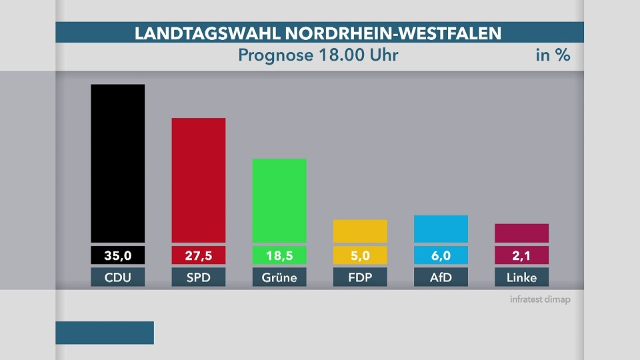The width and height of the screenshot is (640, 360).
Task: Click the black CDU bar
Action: point(118,163)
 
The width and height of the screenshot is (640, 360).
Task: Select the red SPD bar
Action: point(199,180)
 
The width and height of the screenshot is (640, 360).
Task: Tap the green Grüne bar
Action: point(279,200)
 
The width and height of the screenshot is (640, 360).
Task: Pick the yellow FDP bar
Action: point(360,231)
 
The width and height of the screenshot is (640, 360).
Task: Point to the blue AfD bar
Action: point(441,229)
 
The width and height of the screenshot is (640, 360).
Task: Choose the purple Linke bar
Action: point(521,233)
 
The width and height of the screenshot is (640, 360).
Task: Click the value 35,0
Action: point(118,255)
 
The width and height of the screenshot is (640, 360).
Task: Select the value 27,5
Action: point(199,255)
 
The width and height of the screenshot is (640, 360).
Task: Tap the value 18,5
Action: point(279,255)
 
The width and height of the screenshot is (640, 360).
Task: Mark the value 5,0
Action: point(360,255)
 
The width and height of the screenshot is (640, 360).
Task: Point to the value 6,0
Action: point(441,255)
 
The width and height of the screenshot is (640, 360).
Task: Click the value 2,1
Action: point(521,255)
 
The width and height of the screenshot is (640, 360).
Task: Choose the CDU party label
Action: point(118,277)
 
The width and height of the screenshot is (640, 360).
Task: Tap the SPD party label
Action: point(199,277)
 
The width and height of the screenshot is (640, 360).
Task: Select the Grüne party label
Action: point(279,277)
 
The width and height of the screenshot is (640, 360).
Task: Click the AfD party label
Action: point(441,277)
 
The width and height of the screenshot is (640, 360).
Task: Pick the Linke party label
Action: point(521,277)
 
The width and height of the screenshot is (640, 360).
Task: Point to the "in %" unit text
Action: point(553,55)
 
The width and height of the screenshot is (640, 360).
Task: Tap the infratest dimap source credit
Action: point(540,300)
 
